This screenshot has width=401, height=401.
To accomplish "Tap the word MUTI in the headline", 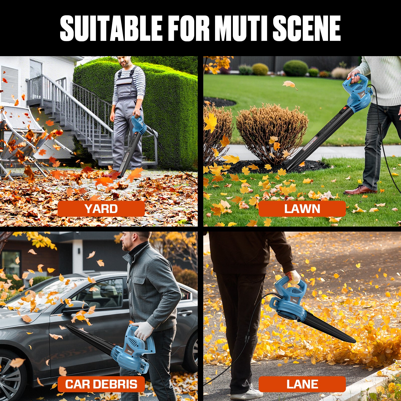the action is pos(240,28).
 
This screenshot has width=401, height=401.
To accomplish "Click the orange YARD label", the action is pos(101,209).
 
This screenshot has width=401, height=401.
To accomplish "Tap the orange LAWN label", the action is pos(302,209).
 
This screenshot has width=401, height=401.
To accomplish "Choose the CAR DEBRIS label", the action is pos(101,384).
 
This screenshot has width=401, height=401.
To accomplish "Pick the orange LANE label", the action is pos(302,384).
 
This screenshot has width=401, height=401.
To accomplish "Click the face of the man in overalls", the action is pos(125,61).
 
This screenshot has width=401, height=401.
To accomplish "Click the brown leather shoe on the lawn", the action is pos(360,190).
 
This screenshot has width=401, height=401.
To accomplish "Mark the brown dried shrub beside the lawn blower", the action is pos(272,133).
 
